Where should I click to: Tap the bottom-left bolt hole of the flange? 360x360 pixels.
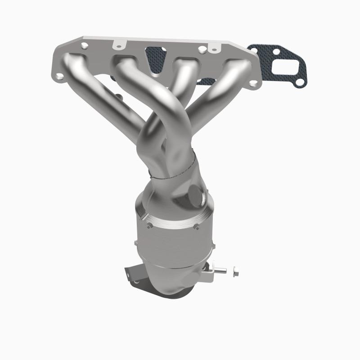click(x=59, y=77)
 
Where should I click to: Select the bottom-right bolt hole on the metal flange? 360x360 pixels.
click(x=255, y=83)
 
